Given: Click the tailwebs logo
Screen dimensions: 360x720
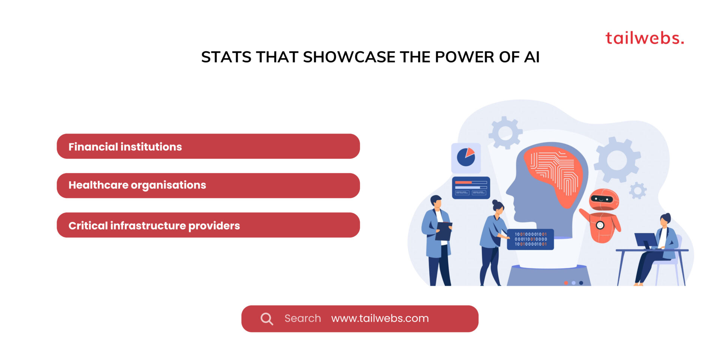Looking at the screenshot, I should (x=644, y=38).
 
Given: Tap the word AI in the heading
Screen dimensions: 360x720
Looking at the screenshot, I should (x=531, y=57).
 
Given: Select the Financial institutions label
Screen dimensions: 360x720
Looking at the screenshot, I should (x=125, y=147).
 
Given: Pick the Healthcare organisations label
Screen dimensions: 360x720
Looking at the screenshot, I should (x=137, y=185).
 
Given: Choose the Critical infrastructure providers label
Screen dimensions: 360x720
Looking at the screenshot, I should (x=154, y=226).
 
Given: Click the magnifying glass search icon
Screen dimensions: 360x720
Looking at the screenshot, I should (x=267, y=319).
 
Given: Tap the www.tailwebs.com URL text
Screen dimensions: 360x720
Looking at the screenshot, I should (x=380, y=318).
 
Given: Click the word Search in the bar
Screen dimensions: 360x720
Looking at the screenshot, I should (x=303, y=318).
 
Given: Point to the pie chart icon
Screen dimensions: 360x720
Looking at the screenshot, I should (x=466, y=157).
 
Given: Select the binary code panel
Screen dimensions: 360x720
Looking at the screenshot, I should (x=530, y=239).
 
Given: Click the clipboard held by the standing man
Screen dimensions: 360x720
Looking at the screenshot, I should (x=444, y=231).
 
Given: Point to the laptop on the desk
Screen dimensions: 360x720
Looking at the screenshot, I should (x=645, y=240).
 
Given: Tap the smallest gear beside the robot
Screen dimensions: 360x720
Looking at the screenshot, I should (x=637, y=190).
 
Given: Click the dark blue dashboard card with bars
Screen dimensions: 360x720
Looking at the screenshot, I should (x=471, y=187).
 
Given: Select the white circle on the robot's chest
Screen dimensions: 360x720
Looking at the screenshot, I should (x=600, y=225).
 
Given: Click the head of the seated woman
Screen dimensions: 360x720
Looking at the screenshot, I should (x=665, y=220).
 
